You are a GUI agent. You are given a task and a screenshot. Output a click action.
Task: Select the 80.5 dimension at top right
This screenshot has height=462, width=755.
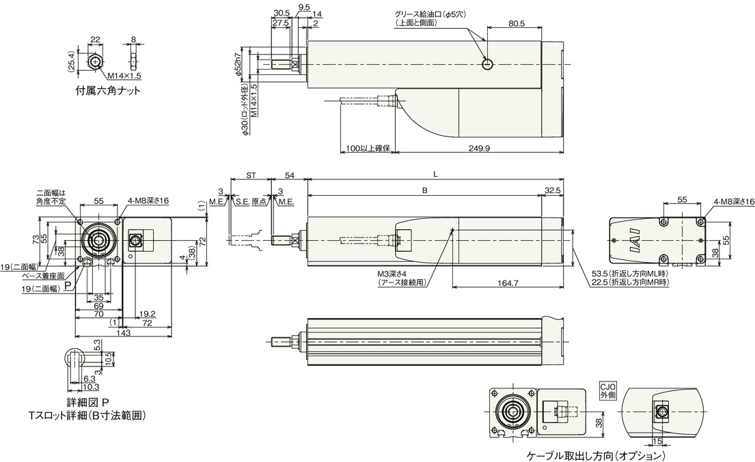517,23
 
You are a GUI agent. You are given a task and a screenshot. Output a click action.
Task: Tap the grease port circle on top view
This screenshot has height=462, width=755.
486,64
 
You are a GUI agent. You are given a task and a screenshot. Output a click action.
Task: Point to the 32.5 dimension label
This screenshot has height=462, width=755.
553,190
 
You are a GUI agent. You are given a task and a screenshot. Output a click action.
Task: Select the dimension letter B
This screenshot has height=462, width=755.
424,191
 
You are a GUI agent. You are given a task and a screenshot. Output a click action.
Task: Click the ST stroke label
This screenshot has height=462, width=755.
251,176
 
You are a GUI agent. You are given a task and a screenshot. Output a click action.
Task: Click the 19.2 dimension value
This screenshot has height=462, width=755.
146,315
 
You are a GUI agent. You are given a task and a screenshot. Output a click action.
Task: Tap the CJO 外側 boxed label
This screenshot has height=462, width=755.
607,390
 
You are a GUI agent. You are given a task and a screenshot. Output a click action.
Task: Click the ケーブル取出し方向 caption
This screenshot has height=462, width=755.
595,455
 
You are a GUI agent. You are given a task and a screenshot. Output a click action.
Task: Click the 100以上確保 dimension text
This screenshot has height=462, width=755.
367,148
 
